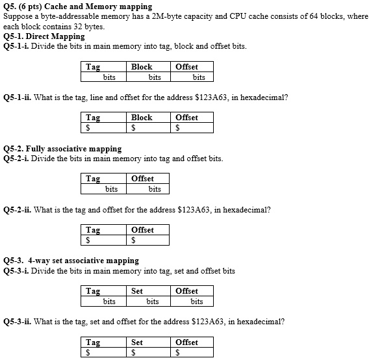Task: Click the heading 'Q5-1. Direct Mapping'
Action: (44, 37)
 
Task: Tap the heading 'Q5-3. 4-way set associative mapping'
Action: (71, 261)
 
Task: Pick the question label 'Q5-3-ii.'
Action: (17, 322)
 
